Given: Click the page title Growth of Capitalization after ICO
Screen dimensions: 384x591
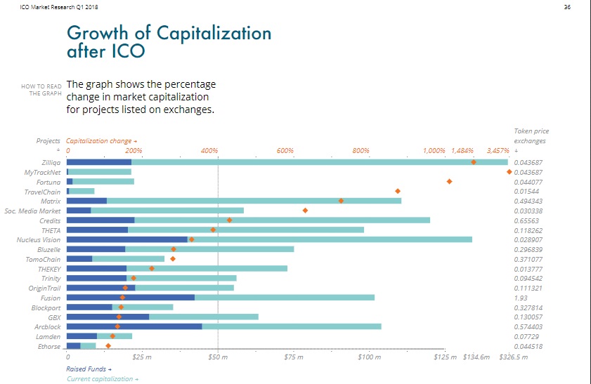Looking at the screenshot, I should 168,41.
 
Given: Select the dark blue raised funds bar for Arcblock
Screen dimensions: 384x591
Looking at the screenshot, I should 134,326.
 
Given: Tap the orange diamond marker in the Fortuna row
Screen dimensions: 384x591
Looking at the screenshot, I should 449,181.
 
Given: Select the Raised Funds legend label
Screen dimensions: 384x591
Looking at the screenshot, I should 89,369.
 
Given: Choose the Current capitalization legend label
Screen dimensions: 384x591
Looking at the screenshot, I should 102,379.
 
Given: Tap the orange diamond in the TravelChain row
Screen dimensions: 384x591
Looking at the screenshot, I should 398,191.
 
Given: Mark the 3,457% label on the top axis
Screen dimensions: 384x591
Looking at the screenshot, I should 498,151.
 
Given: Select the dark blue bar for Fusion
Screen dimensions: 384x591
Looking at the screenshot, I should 131,298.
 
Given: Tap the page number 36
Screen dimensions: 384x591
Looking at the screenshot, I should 568,7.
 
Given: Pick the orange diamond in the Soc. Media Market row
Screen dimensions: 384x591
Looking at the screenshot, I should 305,210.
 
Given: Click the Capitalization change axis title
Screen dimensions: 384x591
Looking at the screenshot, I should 100,141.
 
